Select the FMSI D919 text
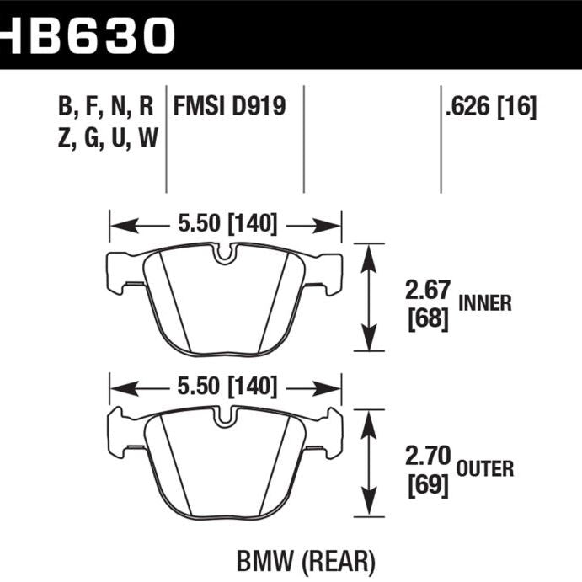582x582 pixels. [228, 106]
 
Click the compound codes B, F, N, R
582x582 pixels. [106, 106]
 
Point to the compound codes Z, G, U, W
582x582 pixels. [106, 137]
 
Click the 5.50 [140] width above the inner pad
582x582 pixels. [226, 224]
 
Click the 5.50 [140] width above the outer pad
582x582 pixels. [226, 387]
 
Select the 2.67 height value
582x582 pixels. [426, 291]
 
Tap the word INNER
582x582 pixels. [485, 303]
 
